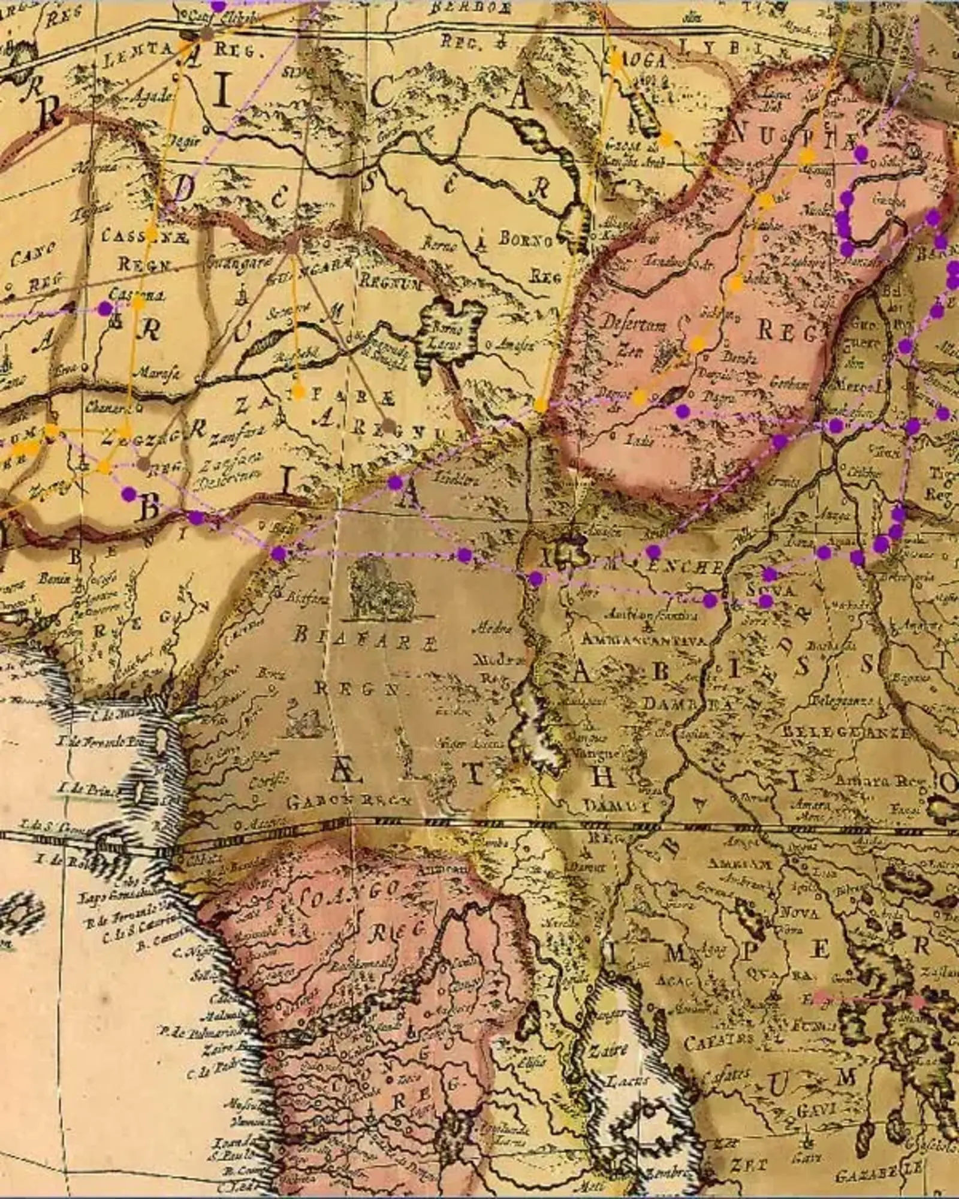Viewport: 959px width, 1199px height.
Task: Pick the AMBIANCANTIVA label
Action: (x=644, y=640)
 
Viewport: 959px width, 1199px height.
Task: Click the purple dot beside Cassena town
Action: (x=105, y=309)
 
